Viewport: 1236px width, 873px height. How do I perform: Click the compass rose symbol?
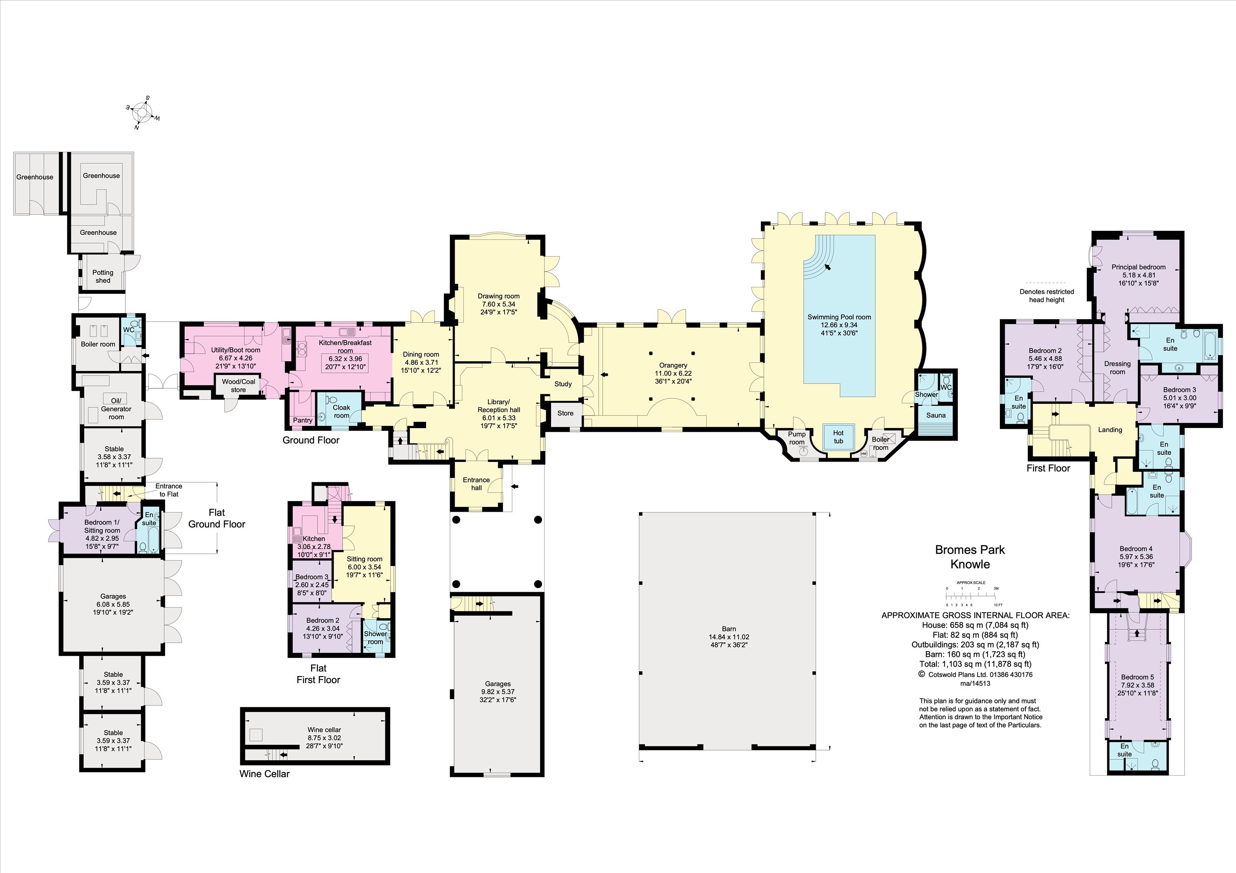click(143, 113)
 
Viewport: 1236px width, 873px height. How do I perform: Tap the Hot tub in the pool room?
click(838, 436)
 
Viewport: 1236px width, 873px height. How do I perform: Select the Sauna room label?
click(936, 415)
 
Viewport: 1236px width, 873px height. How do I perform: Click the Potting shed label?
click(103, 276)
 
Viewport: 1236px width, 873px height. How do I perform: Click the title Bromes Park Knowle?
click(970, 557)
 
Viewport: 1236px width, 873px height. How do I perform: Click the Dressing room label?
click(1117, 368)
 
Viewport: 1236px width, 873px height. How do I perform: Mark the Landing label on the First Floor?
click(1110, 430)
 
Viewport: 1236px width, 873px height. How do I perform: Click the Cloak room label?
click(341, 411)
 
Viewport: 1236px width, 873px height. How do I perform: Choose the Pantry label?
click(302, 420)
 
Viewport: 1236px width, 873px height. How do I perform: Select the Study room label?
click(563, 384)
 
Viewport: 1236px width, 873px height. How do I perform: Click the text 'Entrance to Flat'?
click(169, 490)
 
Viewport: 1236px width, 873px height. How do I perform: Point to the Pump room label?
click(797, 438)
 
